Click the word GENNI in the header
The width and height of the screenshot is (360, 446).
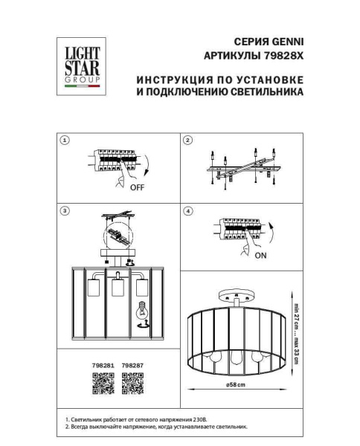[288, 41]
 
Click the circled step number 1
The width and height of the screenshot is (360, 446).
[65, 140]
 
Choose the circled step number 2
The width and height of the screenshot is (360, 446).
[188, 140]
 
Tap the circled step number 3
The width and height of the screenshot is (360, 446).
[65, 211]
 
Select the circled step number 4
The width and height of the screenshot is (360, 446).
[188, 211]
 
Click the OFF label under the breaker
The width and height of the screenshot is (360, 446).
[137, 188]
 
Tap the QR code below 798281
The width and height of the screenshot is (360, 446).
[102, 384]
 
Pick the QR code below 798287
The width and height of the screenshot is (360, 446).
[132, 384]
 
